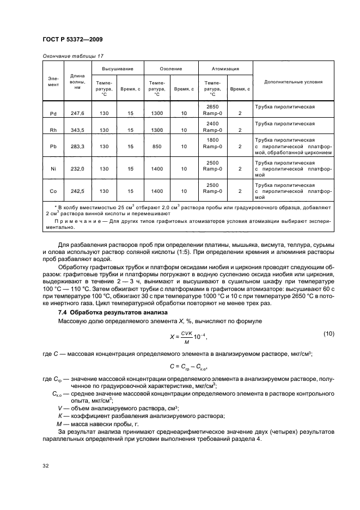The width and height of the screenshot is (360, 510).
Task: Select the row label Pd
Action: coord(53,113)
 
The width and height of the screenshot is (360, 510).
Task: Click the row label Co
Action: coord(53,192)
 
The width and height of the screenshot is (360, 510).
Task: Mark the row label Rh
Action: coord(53,130)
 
